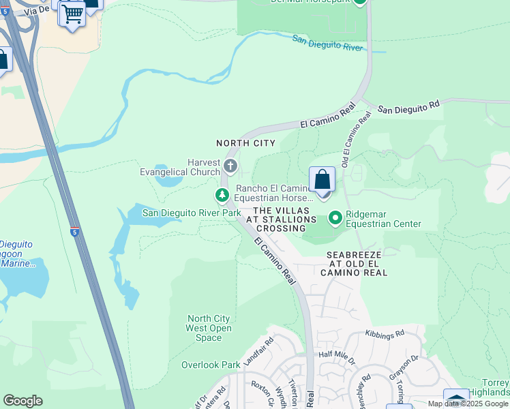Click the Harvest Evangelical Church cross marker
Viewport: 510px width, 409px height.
[x=230, y=166]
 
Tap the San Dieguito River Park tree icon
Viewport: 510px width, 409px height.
[x=222, y=196]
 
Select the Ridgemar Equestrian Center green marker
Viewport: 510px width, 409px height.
[x=335, y=218]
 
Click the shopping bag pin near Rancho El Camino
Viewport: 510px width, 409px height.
[x=322, y=181]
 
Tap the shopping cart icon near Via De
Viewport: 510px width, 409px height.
[x=72, y=13]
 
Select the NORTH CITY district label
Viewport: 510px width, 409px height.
[x=245, y=143]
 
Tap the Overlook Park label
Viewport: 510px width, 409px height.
[x=210, y=365]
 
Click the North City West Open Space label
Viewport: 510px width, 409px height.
[x=209, y=328]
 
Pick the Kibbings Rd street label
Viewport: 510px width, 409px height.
[x=385, y=333]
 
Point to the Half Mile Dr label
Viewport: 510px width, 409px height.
[x=337, y=355]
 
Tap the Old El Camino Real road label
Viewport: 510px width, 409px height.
[x=355, y=140]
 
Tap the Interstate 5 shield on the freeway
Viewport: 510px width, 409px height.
[x=75, y=232]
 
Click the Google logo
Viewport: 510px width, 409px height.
[x=22, y=401]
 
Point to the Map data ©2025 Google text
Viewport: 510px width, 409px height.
[x=468, y=404]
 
